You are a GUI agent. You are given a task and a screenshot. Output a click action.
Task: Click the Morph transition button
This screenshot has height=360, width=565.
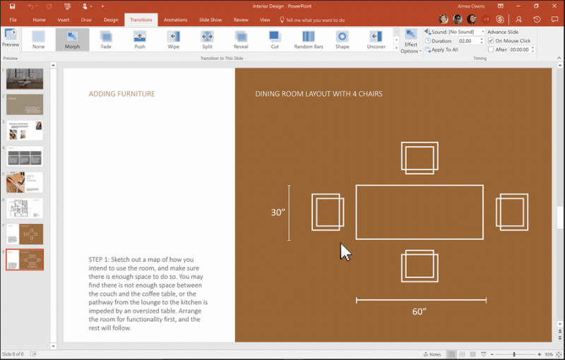tap(72, 39)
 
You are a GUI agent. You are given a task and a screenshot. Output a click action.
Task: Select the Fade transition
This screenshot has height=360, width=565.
tap(106, 39)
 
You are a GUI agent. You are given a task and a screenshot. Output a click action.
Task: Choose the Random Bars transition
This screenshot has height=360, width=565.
tap(308, 39)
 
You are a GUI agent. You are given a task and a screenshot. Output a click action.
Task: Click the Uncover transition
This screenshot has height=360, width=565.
tap(376, 39)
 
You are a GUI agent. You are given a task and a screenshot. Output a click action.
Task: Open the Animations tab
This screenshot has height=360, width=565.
tap(175, 20)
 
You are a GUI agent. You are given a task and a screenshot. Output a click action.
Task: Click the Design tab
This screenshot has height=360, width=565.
tap(111, 20)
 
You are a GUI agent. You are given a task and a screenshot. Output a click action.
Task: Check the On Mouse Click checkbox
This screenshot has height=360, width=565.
tap(491, 41)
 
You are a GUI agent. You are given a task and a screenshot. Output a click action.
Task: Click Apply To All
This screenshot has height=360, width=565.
tap(444, 50)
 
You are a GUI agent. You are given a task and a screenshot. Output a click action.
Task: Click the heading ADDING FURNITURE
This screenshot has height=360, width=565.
tap(121, 94)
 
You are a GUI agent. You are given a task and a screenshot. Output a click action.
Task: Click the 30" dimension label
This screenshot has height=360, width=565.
tap(278, 212)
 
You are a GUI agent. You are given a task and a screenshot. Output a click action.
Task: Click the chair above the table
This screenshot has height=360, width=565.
tap(420, 157)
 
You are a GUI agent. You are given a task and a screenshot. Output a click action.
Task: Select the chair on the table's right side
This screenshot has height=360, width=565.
tap(513, 212)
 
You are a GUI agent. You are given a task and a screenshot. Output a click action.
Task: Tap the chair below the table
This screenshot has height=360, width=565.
tap(420, 267)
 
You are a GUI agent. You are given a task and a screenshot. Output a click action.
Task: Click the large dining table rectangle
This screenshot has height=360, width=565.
tap(420, 212)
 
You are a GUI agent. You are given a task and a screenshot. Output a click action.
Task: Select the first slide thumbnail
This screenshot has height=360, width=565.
tap(25, 79)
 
